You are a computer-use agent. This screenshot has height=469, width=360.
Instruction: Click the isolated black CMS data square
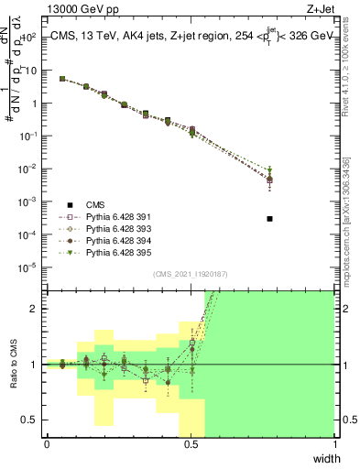[x=269, y=219]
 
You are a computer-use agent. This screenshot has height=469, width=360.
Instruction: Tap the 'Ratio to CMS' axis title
[x=13, y=364]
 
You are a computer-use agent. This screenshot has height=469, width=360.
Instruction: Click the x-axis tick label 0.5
[x=191, y=443]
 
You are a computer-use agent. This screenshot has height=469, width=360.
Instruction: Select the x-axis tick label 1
[x=334, y=443]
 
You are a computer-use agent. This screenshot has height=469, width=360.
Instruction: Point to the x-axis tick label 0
[x=47, y=443]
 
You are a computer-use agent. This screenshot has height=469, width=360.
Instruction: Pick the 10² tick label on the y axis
[x=28, y=38]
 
